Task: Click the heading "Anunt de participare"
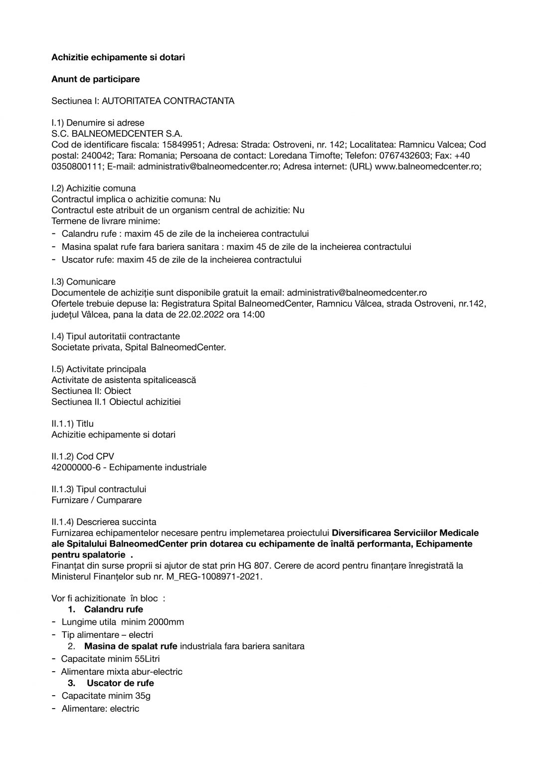95,79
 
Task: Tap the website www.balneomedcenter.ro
427,167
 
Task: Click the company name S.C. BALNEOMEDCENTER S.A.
117,134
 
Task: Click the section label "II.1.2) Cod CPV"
83,456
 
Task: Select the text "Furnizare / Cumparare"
96,500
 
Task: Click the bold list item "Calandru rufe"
113,609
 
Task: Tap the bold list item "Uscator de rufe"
120,683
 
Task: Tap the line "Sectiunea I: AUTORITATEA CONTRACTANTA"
143,101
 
